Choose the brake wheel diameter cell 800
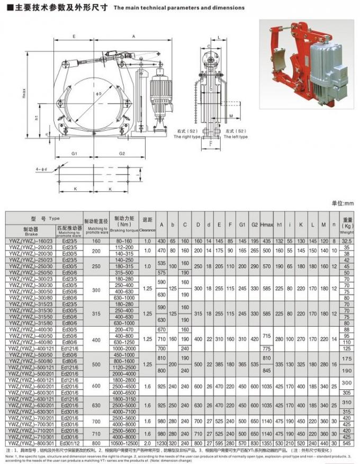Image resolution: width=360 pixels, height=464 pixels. tap(96, 443)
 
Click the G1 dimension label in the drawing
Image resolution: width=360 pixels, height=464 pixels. tap(75, 154)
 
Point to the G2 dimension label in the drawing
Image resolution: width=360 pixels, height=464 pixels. tap(122, 154)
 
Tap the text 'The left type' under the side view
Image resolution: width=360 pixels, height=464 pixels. tap(235, 137)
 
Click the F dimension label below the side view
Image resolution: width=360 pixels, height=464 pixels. tap(211, 144)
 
